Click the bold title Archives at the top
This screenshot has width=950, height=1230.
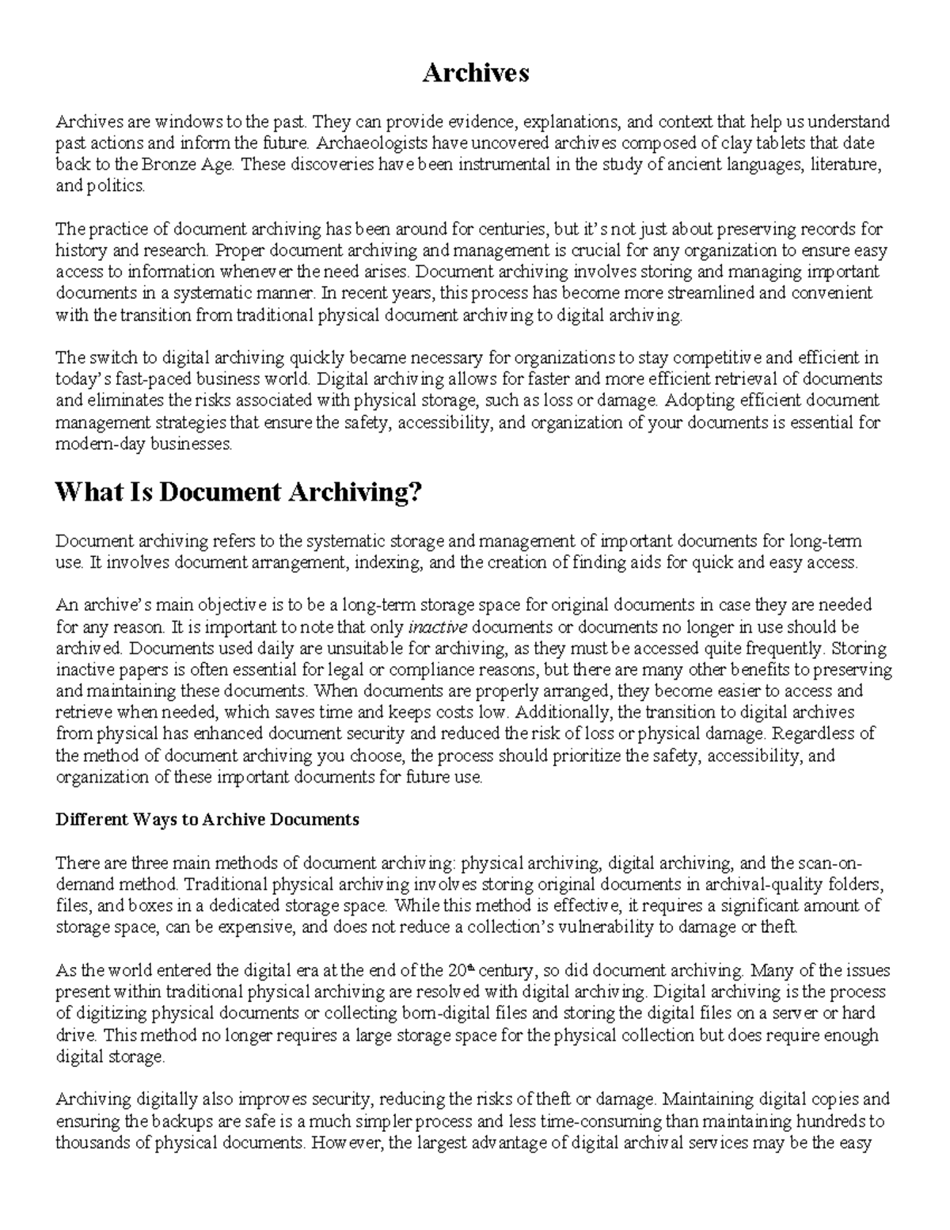[x=475, y=73]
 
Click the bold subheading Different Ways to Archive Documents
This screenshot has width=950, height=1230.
[x=207, y=819]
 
